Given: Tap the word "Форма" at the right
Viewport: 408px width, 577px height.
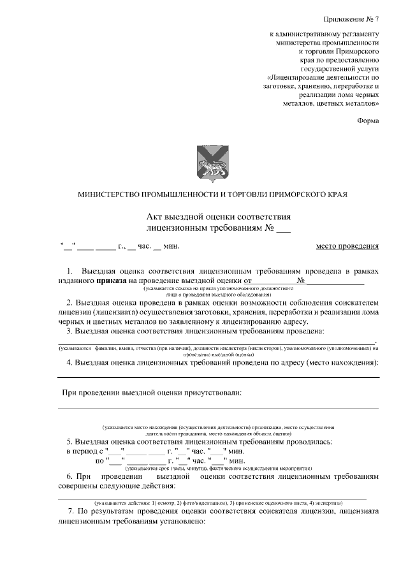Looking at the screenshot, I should coord(368,120).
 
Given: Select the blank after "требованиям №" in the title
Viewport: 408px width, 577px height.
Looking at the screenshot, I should coord(284,228).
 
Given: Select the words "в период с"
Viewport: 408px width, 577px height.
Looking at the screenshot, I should coord(85,451).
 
